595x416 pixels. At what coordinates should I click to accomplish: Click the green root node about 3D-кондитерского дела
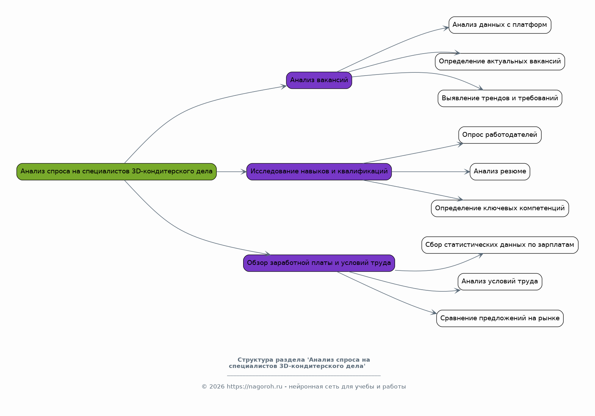(x=116, y=172)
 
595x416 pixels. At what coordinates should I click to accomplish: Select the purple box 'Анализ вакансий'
(x=319, y=80)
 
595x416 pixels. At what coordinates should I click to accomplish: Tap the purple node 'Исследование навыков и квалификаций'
(x=319, y=172)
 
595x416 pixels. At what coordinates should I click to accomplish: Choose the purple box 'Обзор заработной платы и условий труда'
(x=319, y=263)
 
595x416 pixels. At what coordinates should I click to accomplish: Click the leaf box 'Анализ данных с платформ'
(x=500, y=25)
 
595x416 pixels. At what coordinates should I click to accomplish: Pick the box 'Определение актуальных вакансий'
(x=500, y=62)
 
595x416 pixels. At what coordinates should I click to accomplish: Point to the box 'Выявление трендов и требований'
(x=500, y=99)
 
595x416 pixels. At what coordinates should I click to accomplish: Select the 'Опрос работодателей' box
(x=500, y=135)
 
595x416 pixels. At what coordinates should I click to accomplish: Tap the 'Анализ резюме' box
(x=500, y=172)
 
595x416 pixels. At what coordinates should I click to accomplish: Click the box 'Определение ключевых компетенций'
(x=500, y=209)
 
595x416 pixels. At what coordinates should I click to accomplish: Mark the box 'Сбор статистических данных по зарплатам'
(x=500, y=245)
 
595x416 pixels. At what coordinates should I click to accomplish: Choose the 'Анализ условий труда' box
(x=500, y=282)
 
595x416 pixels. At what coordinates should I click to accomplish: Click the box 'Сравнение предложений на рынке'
(x=500, y=318)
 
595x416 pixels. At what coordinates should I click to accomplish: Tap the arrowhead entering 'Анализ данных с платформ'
(x=446, y=28)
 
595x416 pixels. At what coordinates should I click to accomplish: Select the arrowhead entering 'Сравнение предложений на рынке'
(x=434, y=313)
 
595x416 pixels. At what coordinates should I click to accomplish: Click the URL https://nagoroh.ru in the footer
(x=254, y=387)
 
